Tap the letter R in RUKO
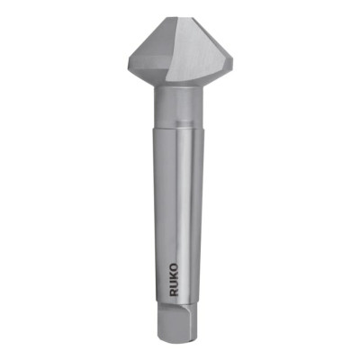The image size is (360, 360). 172,288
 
